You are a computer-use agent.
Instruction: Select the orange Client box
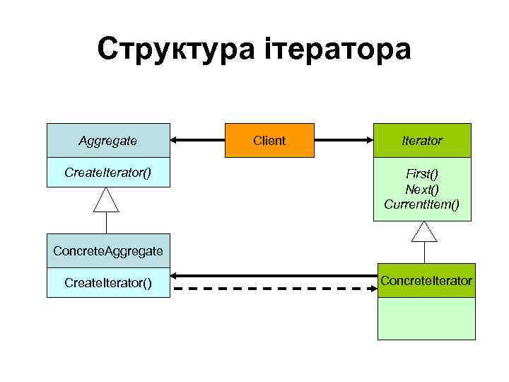269,140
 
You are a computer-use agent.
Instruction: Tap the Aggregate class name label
108,140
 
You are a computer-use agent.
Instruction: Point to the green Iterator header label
423,141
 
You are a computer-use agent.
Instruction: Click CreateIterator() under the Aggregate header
108,172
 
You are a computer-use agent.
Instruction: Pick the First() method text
422,174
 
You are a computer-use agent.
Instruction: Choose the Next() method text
422,189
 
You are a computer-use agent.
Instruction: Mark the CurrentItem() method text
422,204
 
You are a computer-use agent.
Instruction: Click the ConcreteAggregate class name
108,251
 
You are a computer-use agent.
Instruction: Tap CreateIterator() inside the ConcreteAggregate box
108,283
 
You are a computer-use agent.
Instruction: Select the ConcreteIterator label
426,281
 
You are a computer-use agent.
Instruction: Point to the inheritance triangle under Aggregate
107,200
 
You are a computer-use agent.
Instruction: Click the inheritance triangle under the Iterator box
424,232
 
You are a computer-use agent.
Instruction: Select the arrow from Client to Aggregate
198,140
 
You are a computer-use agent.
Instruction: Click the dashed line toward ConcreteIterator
276,289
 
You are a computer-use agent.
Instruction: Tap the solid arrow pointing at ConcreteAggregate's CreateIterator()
276,274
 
